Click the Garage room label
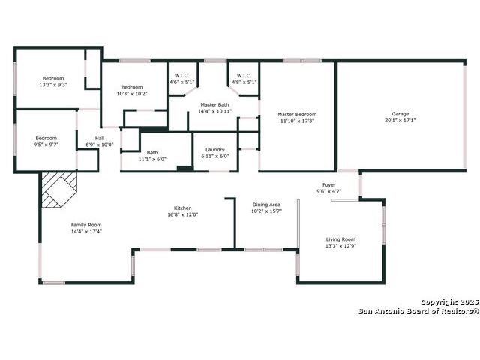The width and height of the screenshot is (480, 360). (x=400, y=114)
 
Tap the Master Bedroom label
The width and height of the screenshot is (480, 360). (x=297, y=114)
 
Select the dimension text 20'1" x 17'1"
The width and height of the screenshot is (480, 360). (x=400, y=120)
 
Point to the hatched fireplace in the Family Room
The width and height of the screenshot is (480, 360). (x=59, y=190)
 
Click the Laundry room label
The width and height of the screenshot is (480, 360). (x=215, y=150)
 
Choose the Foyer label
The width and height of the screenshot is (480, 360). (x=329, y=185)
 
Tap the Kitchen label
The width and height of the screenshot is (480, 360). (x=183, y=208)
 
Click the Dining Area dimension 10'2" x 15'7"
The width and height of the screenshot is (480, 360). (x=266, y=211)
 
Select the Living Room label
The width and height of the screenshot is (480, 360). (x=340, y=239)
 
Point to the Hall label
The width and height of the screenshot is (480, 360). (x=100, y=138)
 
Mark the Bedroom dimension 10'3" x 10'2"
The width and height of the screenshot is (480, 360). (x=132, y=94)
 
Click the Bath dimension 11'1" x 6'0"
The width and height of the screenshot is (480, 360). (x=152, y=159)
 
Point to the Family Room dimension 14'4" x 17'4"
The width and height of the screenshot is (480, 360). (x=86, y=232)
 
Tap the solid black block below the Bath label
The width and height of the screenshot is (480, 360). (x=185, y=168)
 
